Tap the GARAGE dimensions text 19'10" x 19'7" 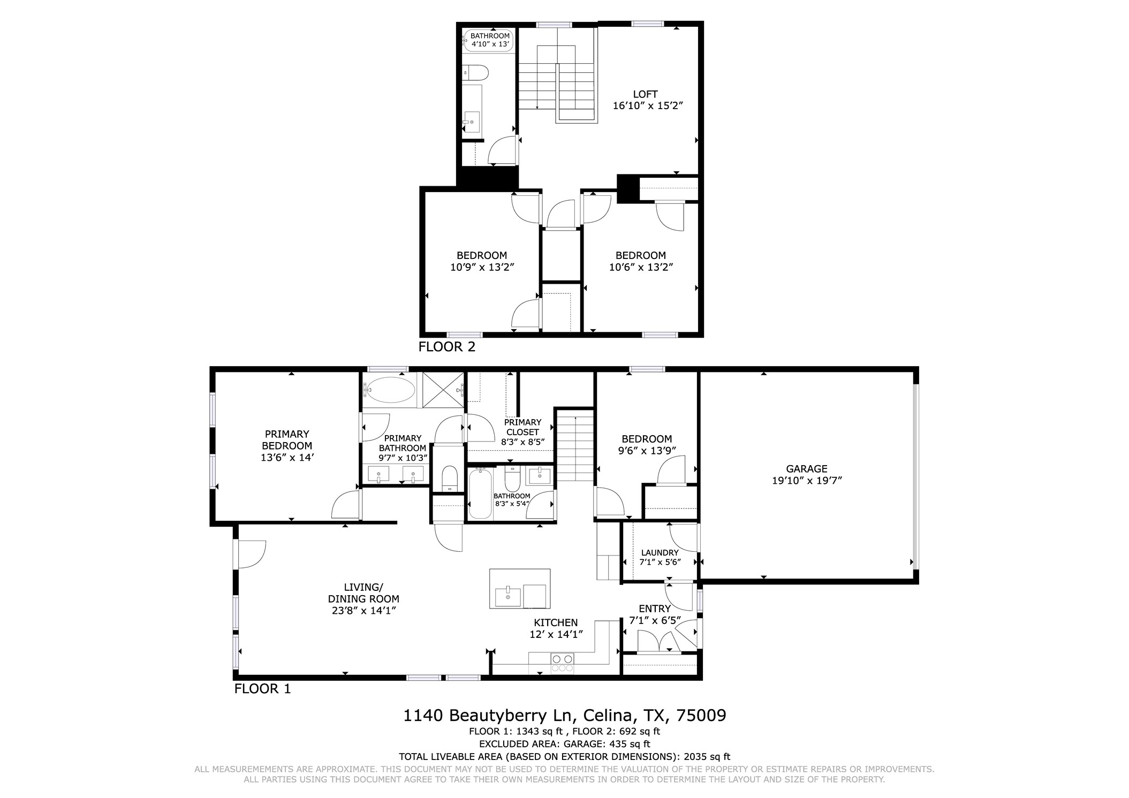point(807,481)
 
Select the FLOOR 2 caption point(446,347)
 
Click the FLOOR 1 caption point(262,689)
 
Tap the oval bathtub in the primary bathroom point(389,391)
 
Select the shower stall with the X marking point(443,390)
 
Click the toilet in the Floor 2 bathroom point(475,73)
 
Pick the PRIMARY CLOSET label point(522,427)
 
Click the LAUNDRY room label point(660,552)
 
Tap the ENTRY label point(654,609)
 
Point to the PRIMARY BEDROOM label point(287,439)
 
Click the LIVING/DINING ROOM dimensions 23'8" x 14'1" point(363,611)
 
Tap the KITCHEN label point(556,622)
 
